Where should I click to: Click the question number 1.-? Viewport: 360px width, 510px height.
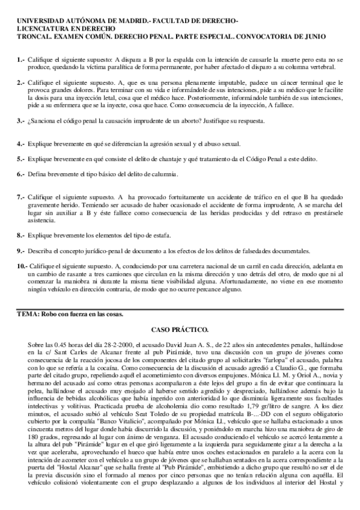coord(21,60)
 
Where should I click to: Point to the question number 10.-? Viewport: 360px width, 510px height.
coord(22,265)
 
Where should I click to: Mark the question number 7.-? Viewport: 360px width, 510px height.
coord(21,197)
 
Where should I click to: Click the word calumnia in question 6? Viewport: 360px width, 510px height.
coord(161,174)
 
